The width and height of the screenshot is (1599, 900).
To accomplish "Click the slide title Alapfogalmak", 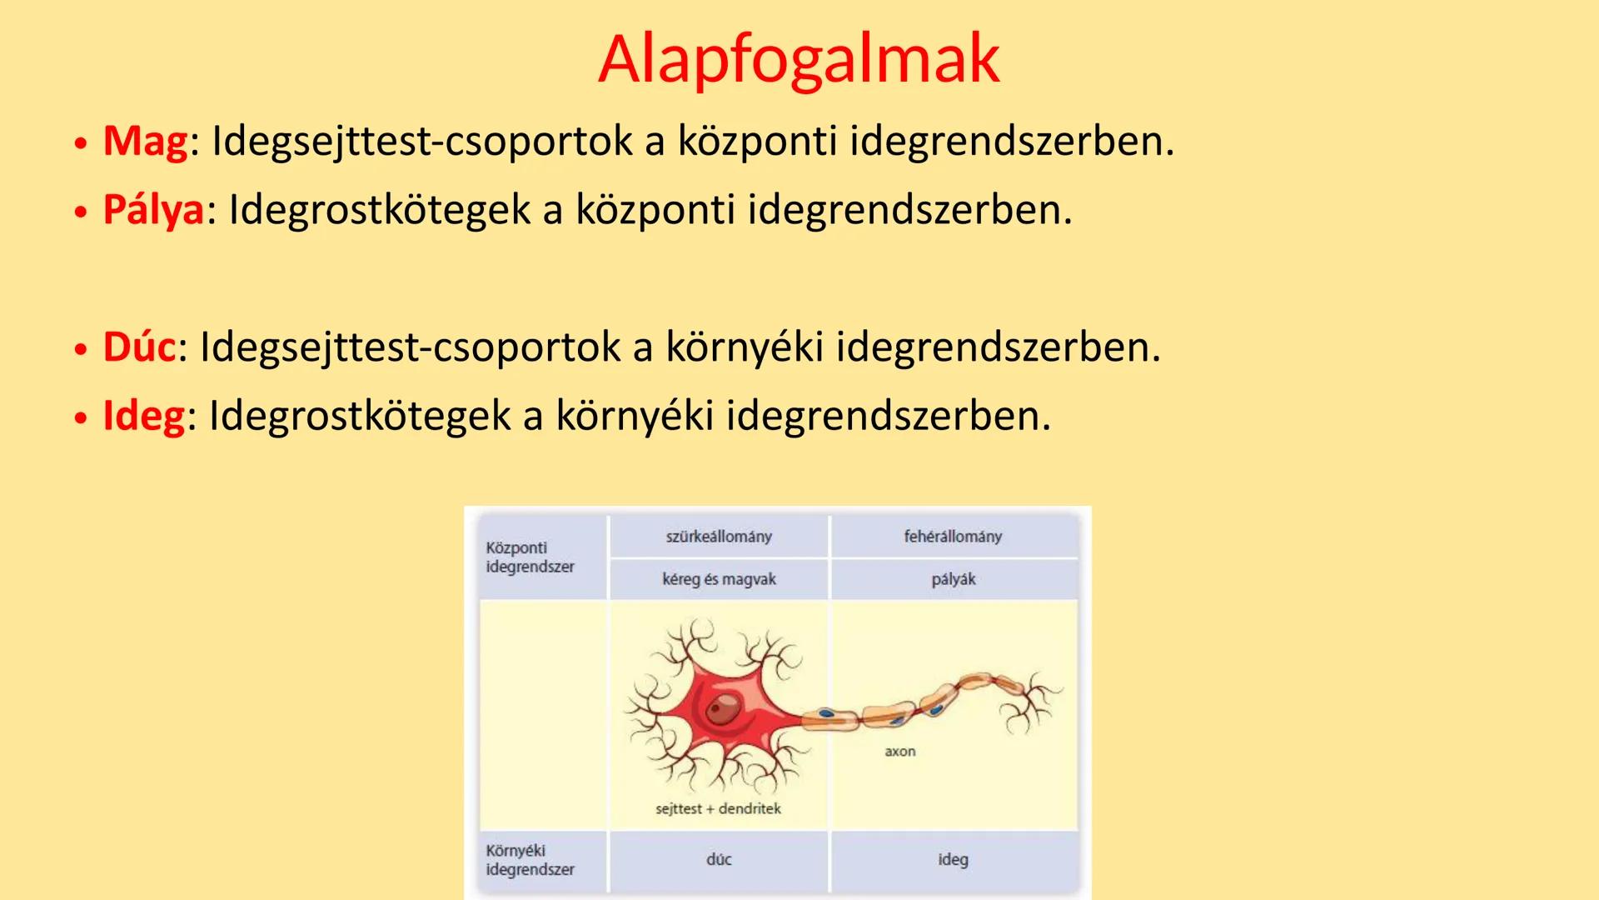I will click(799, 58).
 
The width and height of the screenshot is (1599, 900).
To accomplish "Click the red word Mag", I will click(145, 140).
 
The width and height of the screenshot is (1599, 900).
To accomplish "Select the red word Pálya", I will click(153, 209).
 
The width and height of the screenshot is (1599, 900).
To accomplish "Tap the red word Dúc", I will click(139, 347).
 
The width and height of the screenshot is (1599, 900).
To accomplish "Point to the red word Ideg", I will click(143, 415).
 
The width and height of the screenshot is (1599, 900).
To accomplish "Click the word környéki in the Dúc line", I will click(744, 347).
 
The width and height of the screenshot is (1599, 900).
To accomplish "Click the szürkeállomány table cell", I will click(719, 537).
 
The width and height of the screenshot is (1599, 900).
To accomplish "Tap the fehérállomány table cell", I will click(953, 537).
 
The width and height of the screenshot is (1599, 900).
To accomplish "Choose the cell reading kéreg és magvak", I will click(719, 579).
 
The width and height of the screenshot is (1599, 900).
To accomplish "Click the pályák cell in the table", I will click(953, 579).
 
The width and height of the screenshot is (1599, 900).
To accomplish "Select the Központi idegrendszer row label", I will click(530, 557).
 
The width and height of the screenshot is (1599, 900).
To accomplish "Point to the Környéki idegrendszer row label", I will click(530, 860).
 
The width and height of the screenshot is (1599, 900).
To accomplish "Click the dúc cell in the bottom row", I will click(719, 859).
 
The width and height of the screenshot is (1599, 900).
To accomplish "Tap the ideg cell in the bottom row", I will click(953, 859).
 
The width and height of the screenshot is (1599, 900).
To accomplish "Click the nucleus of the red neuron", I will click(722, 710).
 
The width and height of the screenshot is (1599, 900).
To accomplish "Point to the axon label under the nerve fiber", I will click(899, 752).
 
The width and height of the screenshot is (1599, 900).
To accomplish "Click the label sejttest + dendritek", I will click(718, 809).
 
